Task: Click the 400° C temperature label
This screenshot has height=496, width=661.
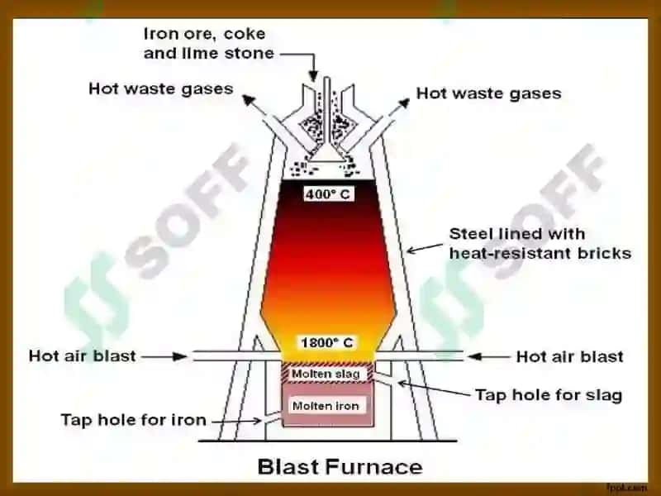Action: [x=328, y=194]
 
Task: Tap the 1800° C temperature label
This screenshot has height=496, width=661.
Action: [x=327, y=342]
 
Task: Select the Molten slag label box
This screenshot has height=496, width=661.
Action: [x=326, y=374]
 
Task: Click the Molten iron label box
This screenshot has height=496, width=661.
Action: [x=326, y=406]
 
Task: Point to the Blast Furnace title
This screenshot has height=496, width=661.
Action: [x=340, y=467]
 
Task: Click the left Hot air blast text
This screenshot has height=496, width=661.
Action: [x=82, y=356]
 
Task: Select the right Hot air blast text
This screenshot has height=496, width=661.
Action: [x=570, y=357]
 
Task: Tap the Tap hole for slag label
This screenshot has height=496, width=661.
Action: [x=549, y=395]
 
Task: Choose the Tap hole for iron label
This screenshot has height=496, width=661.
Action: [x=134, y=420]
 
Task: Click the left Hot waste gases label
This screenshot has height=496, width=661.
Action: [x=160, y=89]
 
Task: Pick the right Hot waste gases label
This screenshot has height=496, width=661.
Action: [x=488, y=93]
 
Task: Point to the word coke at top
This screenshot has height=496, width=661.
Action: [x=245, y=34]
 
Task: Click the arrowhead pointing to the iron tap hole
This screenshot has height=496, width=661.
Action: [x=256, y=421]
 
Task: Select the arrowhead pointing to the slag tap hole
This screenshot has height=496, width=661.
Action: [x=402, y=384]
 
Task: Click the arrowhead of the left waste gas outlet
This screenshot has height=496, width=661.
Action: [x=249, y=99]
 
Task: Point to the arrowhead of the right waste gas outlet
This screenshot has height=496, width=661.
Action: [x=404, y=103]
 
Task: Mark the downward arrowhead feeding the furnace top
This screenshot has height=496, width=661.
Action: [x=313, y=76]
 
